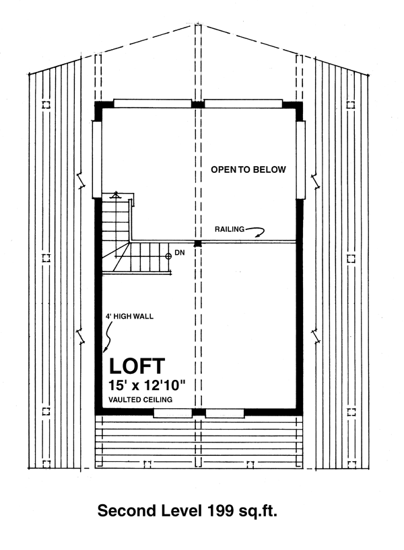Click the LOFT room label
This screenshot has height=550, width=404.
pos(137,366)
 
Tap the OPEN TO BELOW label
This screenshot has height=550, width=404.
pos(248,169)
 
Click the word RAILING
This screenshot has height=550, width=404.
pos(230,229)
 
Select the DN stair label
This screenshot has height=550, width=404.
pos(180,253)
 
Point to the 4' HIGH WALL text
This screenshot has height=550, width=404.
pos(130,317)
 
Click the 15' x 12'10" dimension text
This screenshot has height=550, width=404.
pos(147,385)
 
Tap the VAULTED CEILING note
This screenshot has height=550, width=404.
pos(141,399)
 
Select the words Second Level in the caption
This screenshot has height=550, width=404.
pos(150,511)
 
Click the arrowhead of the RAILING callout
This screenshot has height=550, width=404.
pos(258,235)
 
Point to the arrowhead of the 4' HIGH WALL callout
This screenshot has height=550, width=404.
pos(104,350)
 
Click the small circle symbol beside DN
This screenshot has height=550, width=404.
pos(168,256)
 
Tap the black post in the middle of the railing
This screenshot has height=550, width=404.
pos(198,243)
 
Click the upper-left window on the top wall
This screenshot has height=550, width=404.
pos(152,104)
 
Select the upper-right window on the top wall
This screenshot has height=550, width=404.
pos(244,104)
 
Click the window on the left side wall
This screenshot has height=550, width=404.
pos(97,159)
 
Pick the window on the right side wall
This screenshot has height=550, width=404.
pos(300,159)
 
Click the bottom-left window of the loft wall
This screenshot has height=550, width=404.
pos(173,414)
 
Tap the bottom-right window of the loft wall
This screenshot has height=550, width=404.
pos(225,414)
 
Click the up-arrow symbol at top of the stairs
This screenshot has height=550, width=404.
pos(115,196)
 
